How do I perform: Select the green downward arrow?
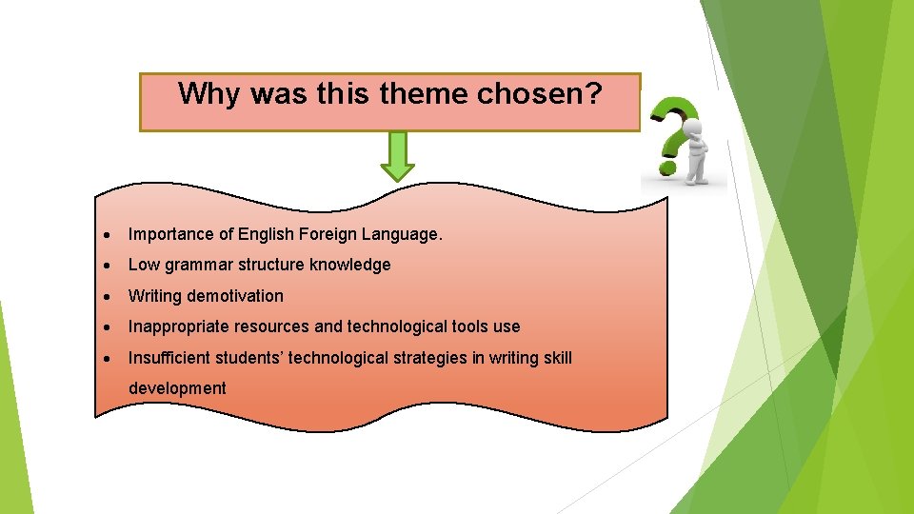(397, 156)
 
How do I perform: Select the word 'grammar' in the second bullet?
(199, 265)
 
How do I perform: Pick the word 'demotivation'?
(236, 296)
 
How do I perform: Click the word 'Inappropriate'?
(177, 326)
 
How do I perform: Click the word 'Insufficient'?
(172, 357)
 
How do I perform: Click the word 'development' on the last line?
(177, 388)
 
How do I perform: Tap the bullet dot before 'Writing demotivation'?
(111, 296)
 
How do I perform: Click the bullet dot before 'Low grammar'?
(111, 266)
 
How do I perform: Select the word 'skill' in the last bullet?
(554, 357)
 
